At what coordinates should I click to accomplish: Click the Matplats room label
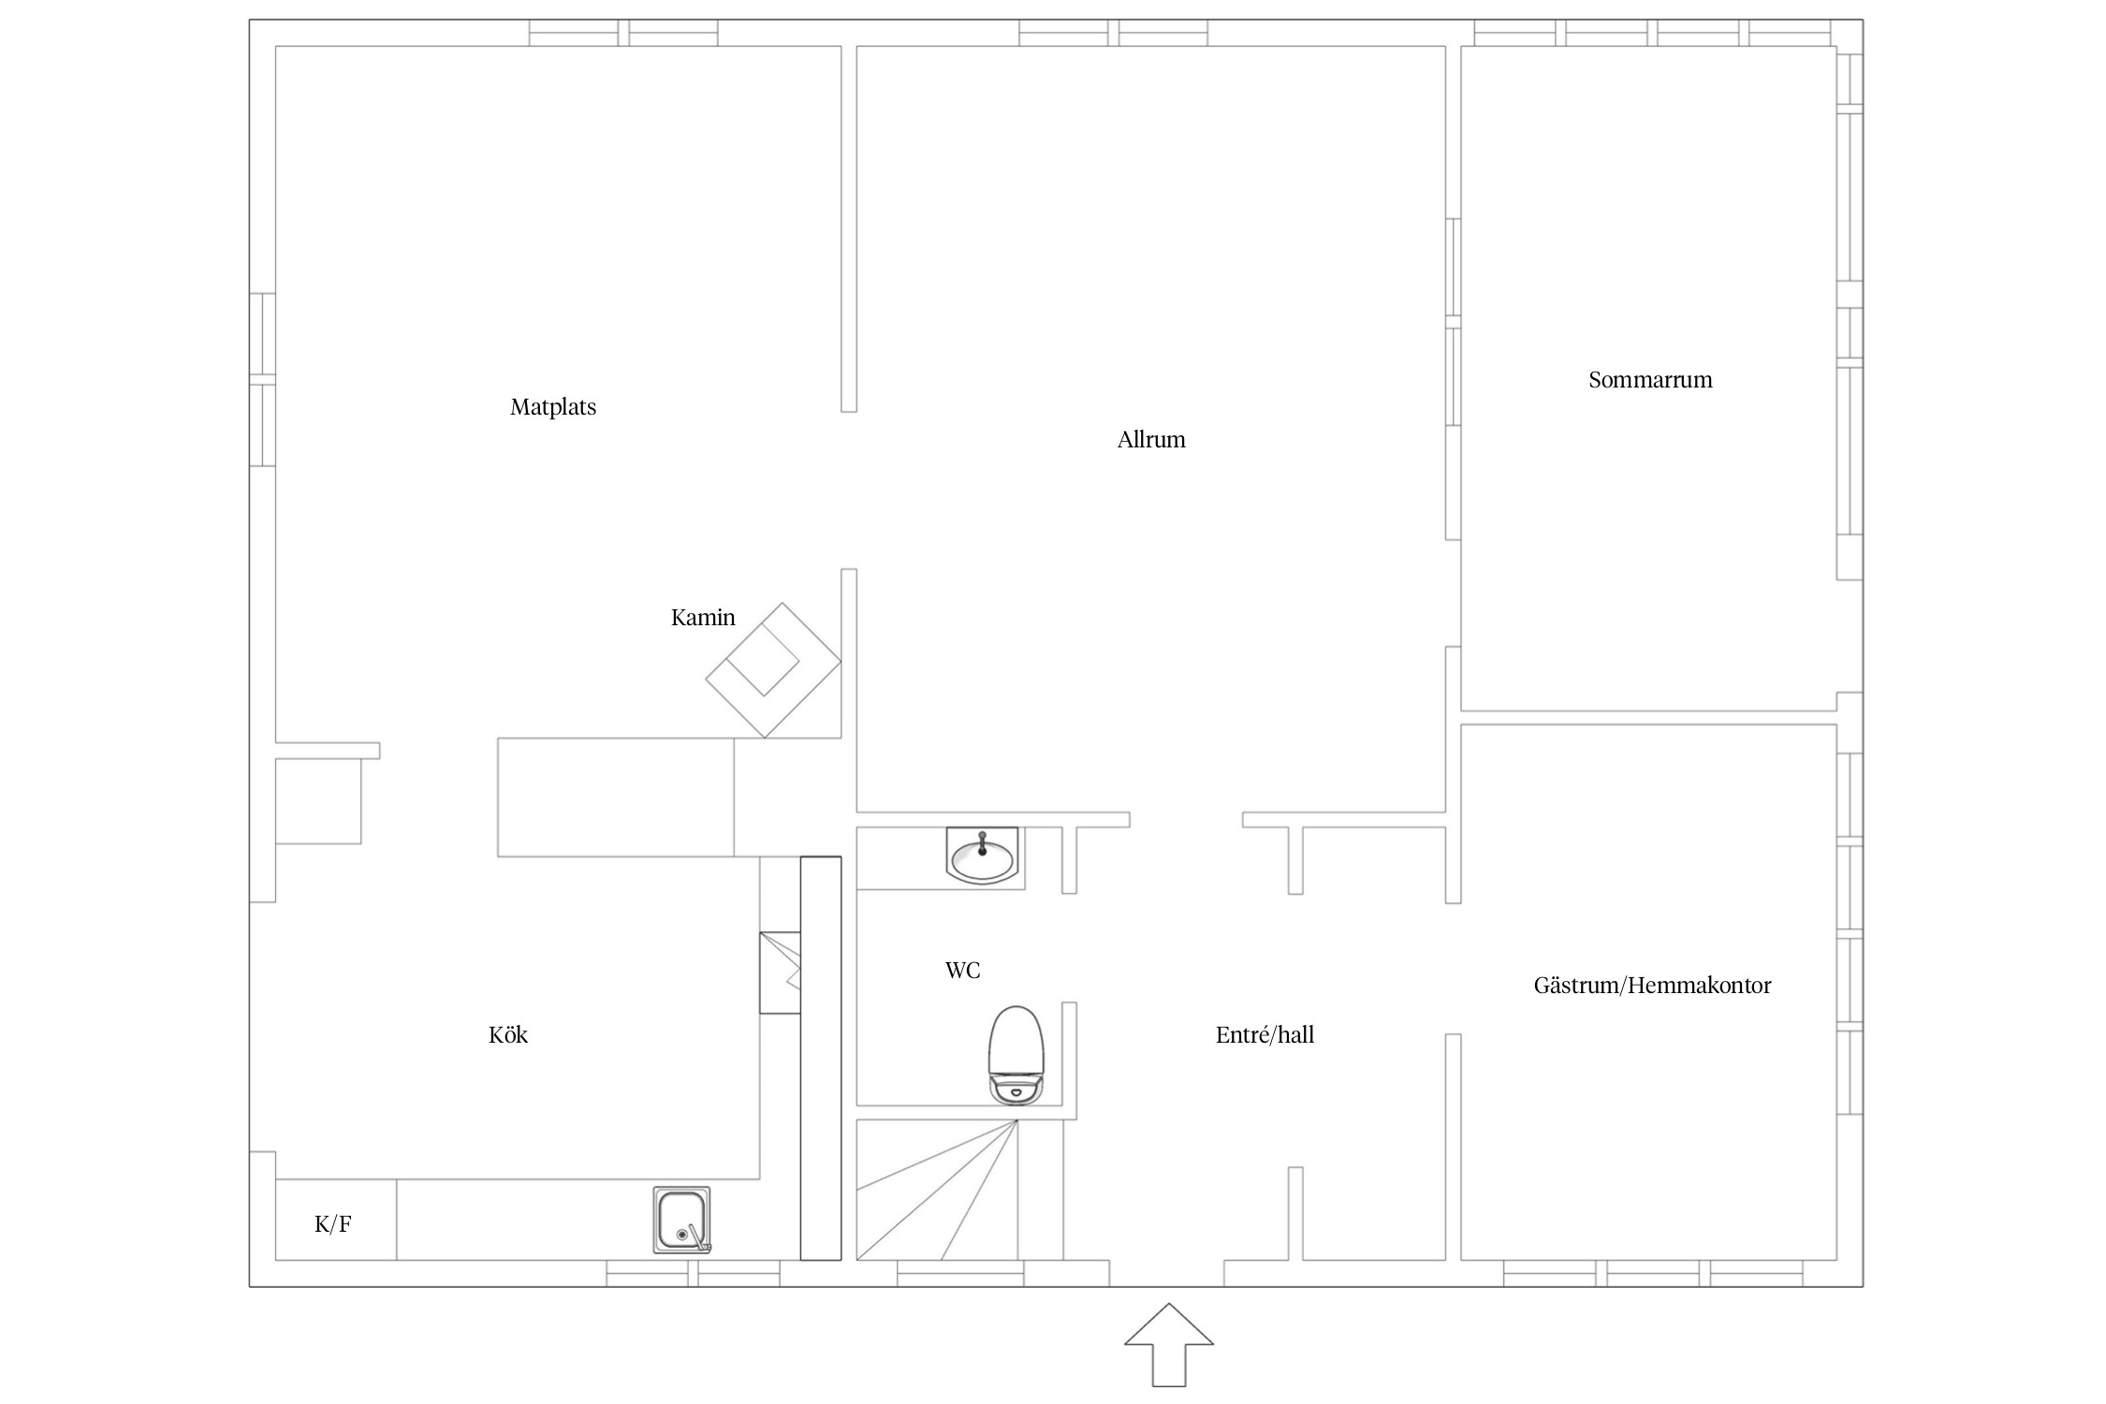pos(553,407)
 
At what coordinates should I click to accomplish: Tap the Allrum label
pos(1151,440)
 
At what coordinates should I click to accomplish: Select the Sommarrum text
pos(1650,380)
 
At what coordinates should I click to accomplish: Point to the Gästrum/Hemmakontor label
pos(1652,986)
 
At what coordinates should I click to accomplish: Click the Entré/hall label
pos(1265,1035)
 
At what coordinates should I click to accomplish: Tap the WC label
pos(962,971)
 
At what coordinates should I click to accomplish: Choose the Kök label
pos(508,1035)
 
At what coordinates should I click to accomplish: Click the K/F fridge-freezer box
pos(335,1220)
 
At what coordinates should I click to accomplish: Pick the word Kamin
pos(703,618)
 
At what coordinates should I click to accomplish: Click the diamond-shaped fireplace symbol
pos(773,670)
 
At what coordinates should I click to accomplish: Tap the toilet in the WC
pos(1016,1056)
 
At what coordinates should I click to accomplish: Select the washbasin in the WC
pos(982,856)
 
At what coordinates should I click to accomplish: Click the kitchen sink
pos(681,1221)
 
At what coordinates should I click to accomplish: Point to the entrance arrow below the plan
pos(1169,1344)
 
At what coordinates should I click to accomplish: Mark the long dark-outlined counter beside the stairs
pos(821,1059)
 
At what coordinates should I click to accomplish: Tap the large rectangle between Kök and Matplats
pos(616,797)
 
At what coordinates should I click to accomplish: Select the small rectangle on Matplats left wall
pos(318,801)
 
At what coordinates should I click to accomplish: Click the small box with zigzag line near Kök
pos(780,973)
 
